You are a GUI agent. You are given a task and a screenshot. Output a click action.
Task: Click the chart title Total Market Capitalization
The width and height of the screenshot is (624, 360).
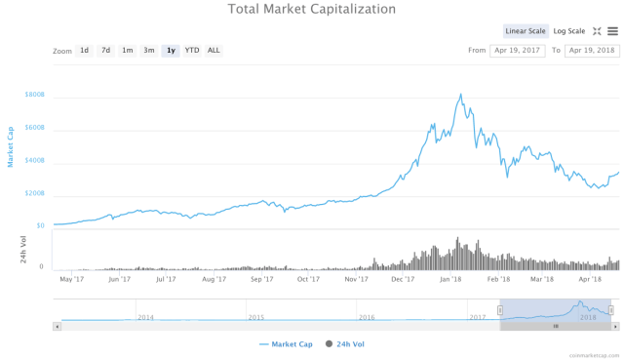312,9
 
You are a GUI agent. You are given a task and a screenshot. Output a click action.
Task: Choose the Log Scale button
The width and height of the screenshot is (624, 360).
569,31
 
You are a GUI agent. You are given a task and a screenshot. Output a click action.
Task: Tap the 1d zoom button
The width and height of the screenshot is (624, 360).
85,50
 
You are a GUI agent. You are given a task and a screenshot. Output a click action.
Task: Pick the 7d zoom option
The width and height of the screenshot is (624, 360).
106,50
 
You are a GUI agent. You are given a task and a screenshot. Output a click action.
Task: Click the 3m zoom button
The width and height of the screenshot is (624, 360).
149,50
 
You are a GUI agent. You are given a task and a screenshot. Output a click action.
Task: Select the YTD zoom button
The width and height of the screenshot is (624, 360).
192,50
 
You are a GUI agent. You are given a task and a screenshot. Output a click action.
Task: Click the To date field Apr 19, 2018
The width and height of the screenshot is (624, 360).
591,50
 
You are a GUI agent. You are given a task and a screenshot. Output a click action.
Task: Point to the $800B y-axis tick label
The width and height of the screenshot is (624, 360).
35,95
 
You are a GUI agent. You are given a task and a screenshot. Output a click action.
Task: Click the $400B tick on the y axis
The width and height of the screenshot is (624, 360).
35,160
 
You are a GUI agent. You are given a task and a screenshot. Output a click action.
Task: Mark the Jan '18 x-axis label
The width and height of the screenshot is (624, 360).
450,279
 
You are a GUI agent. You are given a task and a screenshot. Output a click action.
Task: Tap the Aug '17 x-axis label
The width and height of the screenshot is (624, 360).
214,279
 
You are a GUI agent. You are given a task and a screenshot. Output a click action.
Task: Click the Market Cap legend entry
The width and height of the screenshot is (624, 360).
285,344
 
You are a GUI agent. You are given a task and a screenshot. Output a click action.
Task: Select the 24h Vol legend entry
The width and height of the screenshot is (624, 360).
345,344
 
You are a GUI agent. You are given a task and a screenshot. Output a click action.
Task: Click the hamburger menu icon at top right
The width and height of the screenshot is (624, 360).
612,31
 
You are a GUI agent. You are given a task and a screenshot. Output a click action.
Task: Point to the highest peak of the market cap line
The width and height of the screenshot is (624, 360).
459,95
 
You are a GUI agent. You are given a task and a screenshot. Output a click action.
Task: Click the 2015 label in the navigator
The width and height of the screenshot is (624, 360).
256,317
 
